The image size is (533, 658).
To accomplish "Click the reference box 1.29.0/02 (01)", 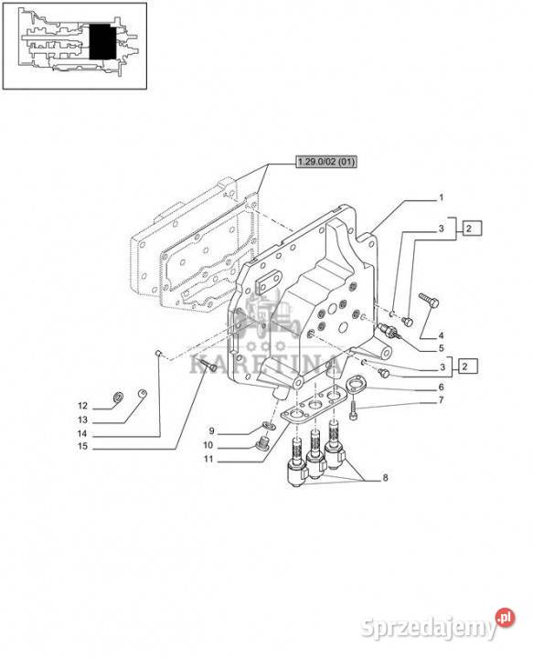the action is (x=326, y=162).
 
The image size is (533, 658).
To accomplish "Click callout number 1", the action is (x=441, y=197).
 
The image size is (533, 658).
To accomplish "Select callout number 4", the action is (x=441, y=335).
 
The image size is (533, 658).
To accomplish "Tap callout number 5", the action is (x=441, y=348).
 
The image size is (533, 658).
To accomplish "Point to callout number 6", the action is (x=441, y=387).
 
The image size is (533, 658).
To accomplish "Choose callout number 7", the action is (x=441, y=400).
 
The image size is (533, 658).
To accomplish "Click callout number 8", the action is (x=385, y=478).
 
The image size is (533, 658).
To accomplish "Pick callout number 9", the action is (x=211, y=431).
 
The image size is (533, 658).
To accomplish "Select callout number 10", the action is (x=208, y=445).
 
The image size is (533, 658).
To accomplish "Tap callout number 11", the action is (x=208, y=459).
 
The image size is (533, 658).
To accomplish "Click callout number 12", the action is (x=82, y=406).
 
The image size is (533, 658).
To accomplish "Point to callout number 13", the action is (x=82, y=419).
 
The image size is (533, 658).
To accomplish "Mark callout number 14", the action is (x=82, y=433).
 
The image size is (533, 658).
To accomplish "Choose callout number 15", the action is (x=82, y=446).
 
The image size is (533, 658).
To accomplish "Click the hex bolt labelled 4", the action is (x=429, y=300).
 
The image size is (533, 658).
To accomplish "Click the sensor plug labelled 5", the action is (x=389, y=332).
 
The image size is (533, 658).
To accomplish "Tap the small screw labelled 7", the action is (x=353, y=411).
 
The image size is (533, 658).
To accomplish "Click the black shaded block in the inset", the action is (x=102, y=41).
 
